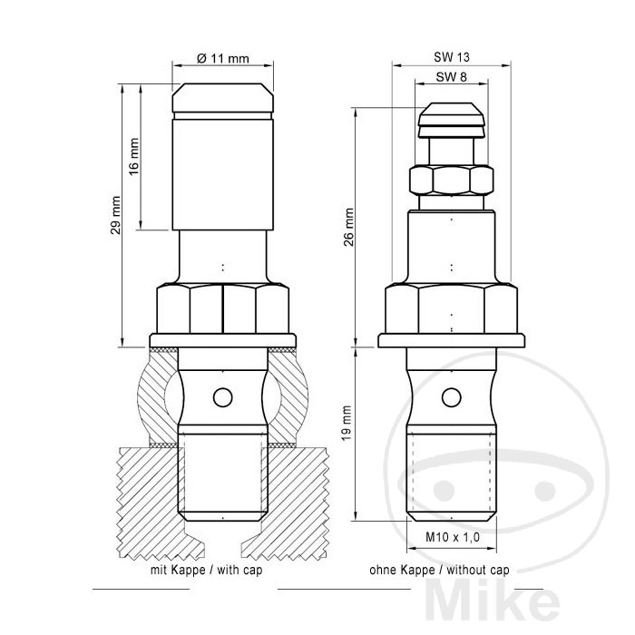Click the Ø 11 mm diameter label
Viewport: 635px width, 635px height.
(x=222, y=57)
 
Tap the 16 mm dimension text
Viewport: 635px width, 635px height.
(x=133, y=156)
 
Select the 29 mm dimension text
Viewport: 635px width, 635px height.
(x=114, y=228)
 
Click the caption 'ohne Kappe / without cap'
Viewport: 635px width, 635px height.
(x=440, y=571)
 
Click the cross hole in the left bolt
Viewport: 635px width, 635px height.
(x=220, y=396)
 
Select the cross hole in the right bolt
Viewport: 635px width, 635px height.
(x=451, y=396)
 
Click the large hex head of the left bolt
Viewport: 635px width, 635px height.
(x=222, y=309)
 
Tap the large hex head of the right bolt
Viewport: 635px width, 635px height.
(x=451, y=309)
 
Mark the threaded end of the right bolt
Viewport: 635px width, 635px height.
(x=451, y=476)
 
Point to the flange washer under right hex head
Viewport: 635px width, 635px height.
(x=451, y=339)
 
